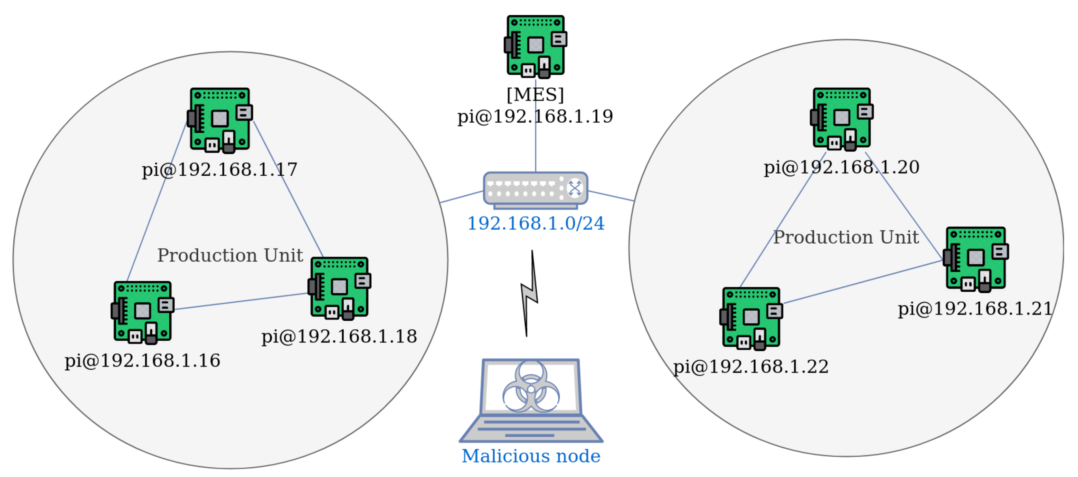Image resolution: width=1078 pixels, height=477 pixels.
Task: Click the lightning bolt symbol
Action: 530,293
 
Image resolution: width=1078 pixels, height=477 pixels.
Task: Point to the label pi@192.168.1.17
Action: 219,170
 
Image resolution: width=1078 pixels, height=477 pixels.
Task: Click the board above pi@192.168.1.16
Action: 142,312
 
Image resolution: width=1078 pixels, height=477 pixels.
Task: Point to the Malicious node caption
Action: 531,456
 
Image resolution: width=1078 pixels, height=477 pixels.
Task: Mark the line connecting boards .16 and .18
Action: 241,302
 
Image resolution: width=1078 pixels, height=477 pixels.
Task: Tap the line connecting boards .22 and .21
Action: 862,282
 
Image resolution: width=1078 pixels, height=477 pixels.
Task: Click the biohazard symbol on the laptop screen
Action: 531,386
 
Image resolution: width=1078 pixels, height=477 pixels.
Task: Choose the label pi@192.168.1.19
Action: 535,116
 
